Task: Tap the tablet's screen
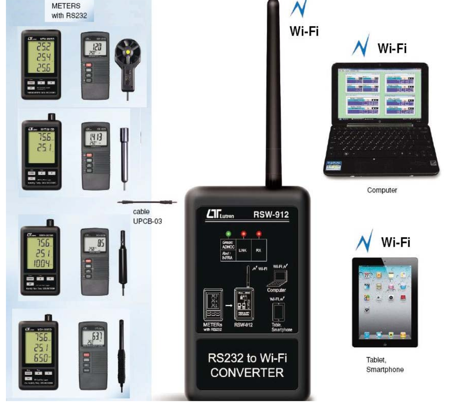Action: point(384,302)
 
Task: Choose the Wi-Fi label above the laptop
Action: point(392,49)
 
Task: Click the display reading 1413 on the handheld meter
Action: point(94,136)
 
